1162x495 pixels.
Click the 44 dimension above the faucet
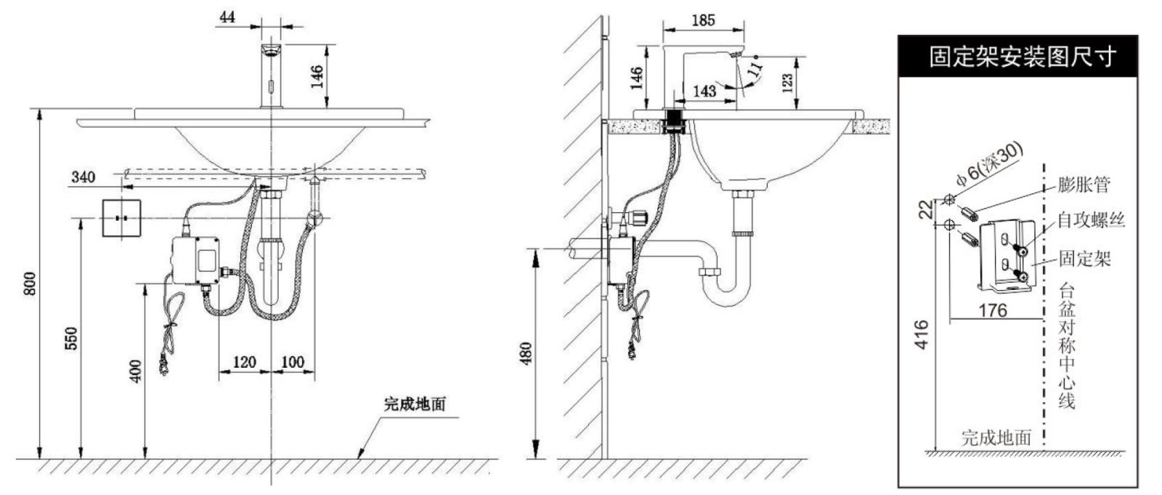click(227, 17)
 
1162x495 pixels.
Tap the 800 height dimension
click(30, 283)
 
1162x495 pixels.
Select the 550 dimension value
click(71, 338)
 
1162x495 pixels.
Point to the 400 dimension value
click(135, 371)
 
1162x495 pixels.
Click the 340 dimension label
click(83, 177)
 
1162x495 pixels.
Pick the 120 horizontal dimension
click(244, 361)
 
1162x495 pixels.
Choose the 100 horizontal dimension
click(293, 361)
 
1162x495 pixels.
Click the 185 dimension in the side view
click(704, 20)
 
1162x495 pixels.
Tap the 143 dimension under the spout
click(704, 92)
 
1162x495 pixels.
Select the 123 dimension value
click(787, 83)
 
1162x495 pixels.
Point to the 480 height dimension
click(526, 354)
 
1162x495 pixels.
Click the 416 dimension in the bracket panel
click(922, 334)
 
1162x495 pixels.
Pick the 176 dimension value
click(993, 310)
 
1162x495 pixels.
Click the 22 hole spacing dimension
click(925, 210)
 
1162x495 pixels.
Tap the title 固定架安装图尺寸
click(1022, 57)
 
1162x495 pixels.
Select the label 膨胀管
click(1084, 185)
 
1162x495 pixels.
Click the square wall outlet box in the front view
click(121, 218)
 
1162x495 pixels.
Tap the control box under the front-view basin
click(197, 260)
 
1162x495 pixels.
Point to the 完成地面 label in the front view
click(415, 404)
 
